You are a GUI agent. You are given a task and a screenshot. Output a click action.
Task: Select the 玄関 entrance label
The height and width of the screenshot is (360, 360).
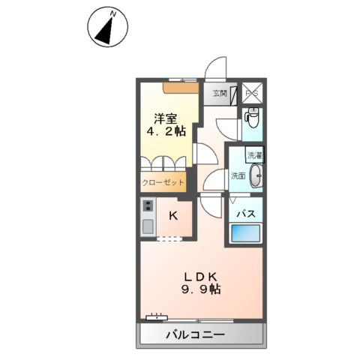coord(218,94)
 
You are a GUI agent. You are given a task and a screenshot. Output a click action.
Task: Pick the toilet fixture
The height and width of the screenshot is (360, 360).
coord(253,118)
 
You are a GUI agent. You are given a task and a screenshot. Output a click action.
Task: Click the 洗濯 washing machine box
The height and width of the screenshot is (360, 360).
coord(255,156)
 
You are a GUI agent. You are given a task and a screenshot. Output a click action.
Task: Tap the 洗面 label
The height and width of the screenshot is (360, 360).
coord(238,176)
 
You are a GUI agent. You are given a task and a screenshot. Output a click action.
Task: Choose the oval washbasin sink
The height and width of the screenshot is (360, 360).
coord(256,176)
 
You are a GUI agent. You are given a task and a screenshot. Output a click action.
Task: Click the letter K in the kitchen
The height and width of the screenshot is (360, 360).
coord(173,217)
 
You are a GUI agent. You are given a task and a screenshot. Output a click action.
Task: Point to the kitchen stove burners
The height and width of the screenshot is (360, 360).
coord(147,206)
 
